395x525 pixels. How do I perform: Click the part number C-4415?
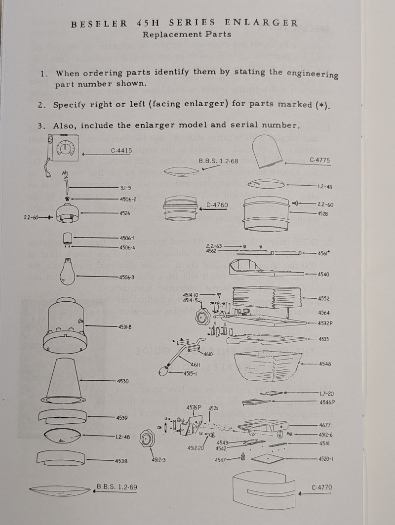pyautogui.click(x=121, y=150)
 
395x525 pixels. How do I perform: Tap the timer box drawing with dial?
pyautogui.click(x=63, y=149)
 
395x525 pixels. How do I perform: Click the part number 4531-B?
pyautogui.click(x=124, y=327)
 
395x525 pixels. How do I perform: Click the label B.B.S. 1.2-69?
pyautogui.click(x=117, y=487)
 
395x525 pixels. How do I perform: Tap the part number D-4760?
pyautogui.click(x=217, y=204)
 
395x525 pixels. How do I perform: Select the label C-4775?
pyautogui.click(x=320, y=160)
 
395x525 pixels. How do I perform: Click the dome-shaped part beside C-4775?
pyautogui.click(x=267, y=151)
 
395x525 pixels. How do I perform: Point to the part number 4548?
pyautogui.click(x=325, y=364)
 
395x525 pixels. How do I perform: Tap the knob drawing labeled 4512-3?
pyautogui.click(x=147, y=439)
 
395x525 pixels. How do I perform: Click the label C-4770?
pyautogui.click(x=322, y=487)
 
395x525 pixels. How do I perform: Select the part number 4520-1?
pyautogui.click(x=325, y=458)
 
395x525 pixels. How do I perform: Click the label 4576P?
pyautogui.click(x=194, y=407)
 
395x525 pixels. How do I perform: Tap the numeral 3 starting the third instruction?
pyautogui.click(x=41, y=125)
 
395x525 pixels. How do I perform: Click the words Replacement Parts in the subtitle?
pyautogui.click(x=187, y=35)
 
